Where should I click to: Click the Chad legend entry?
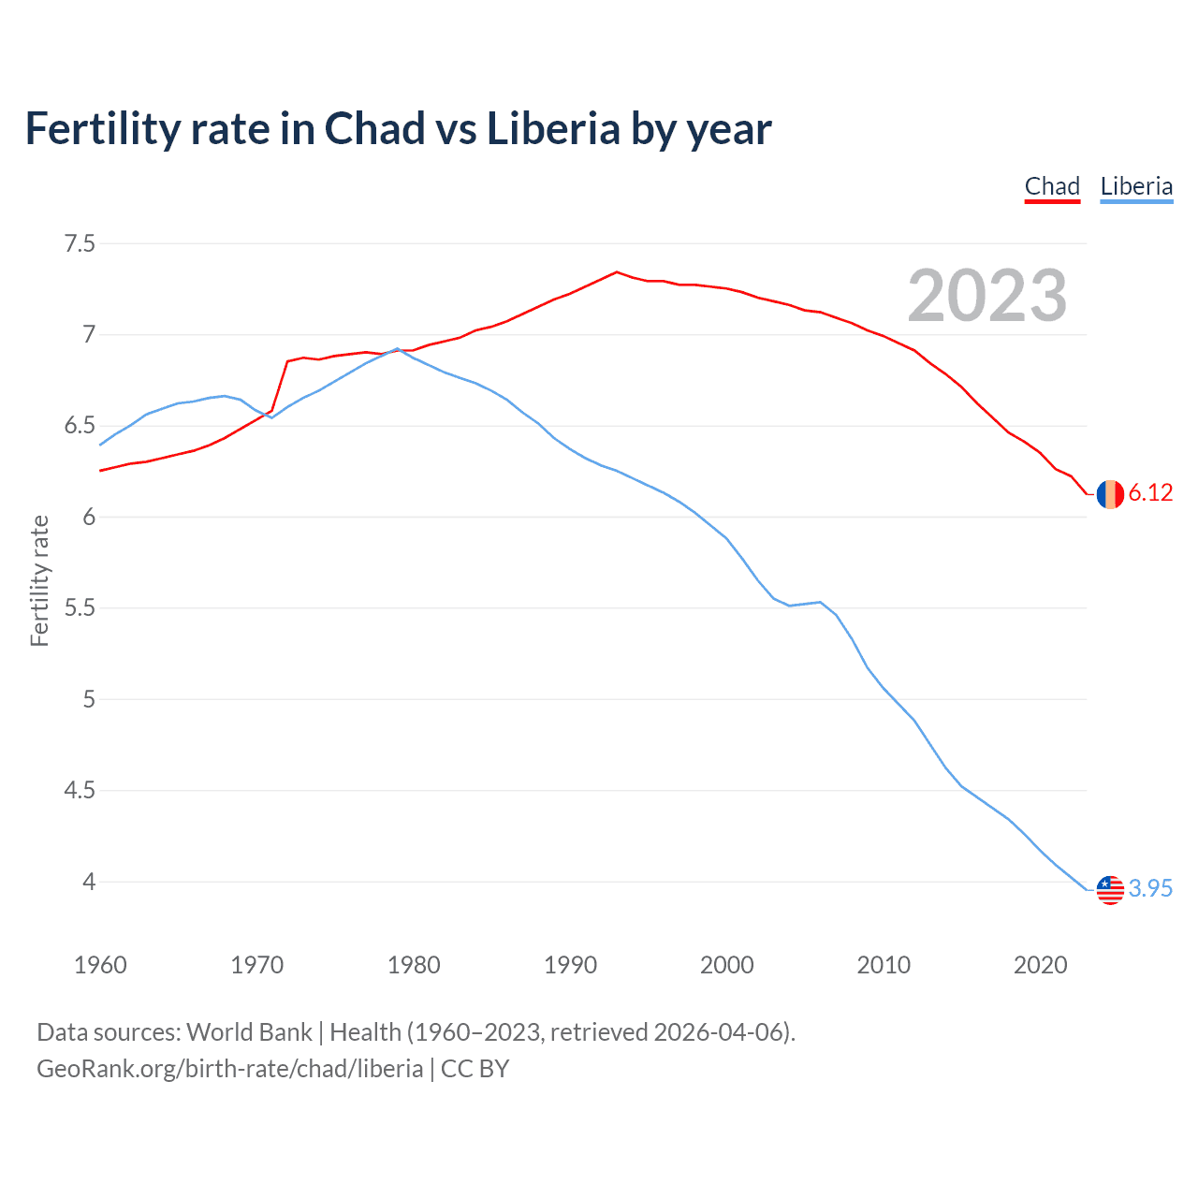coord(1052,186)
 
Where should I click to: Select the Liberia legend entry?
coord(1136,186)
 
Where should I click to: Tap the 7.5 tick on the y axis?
coord(80,244)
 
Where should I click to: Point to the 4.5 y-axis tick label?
coord(80,791)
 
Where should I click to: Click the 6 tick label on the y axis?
coord(89,518)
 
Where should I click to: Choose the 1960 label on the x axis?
coord(100,965)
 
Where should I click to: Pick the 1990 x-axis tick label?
coord(570,965)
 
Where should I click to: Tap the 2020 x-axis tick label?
coord(1040,965)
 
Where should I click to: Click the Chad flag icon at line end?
coord(1110,493)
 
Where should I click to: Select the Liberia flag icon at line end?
coord(1110,889)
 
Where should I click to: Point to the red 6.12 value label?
coord(1150,493)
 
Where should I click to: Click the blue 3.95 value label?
coord(1150,889)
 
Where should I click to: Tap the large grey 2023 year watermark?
coord(986,296)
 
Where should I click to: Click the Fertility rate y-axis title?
coord(39,580)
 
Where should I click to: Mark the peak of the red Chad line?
coord(616,272)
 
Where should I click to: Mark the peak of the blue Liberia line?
coord(397,349)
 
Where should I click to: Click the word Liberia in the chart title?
coord(553,129)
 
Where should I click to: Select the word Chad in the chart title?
coord(374,129)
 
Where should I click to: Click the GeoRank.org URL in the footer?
coord(229,1069)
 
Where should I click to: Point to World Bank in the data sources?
coord(249,1032)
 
